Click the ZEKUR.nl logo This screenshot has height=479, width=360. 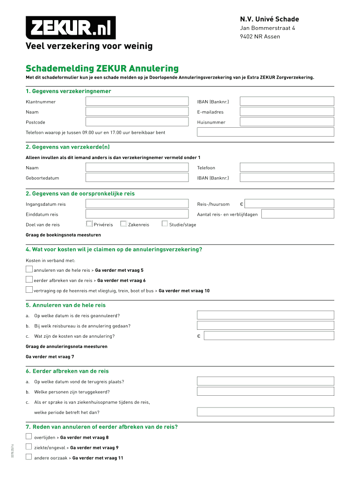click(71, 28)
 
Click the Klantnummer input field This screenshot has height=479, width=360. click(137, 102)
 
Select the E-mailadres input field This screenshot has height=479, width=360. click(287, 112)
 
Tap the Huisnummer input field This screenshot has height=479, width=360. click(287, 122)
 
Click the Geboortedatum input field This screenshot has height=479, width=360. click(137, 178)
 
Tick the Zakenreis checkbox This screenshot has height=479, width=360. click(123, 224)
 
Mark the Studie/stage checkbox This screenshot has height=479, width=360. click(165, 224)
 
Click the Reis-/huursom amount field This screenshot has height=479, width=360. click(289, 204)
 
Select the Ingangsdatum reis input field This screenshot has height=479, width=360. click(137, 204)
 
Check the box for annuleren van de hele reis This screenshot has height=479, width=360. click(29, 269)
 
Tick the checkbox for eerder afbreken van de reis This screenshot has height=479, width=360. click(29, 280)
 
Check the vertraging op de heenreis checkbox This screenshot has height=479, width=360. click(29, 290)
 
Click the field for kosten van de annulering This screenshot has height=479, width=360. click(269, 336)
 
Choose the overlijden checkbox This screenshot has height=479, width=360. click(29, 437)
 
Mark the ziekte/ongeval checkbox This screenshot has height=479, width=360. click(29, 447)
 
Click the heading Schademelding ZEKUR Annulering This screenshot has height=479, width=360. click(102, 69)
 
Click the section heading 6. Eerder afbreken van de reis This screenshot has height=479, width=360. click(67, 371)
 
